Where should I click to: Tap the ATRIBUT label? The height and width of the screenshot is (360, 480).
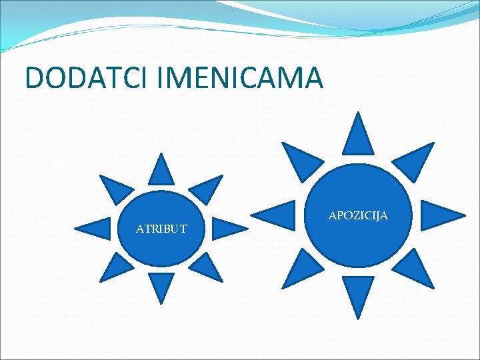coord(161,229)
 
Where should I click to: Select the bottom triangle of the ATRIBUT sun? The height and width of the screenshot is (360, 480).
coord(161,285)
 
